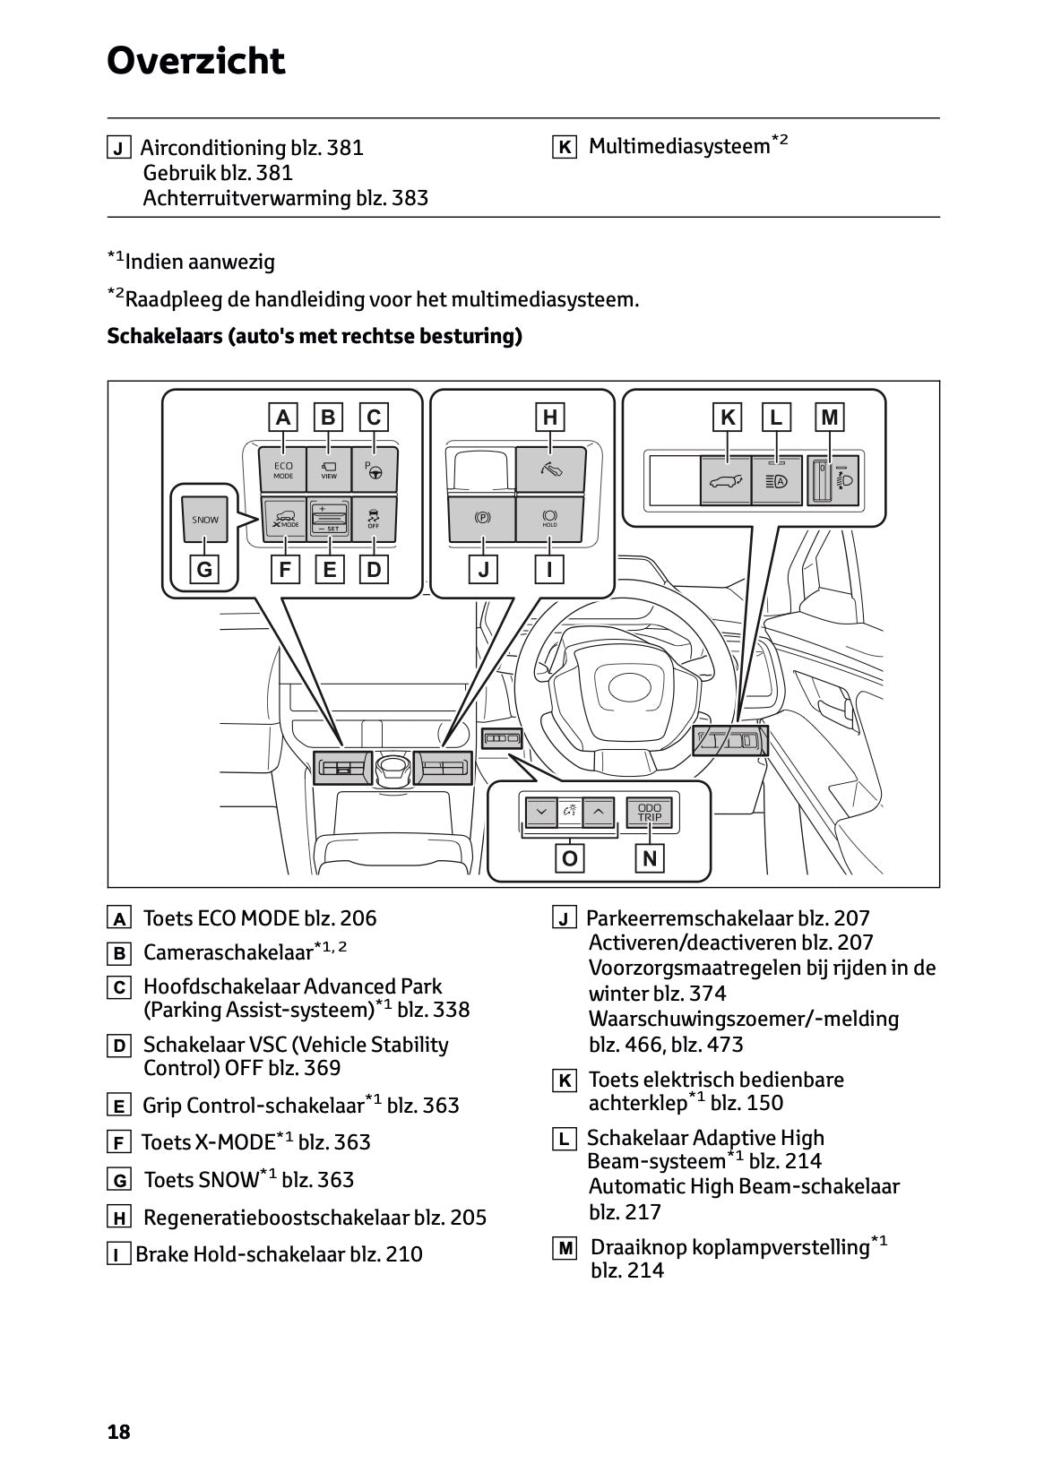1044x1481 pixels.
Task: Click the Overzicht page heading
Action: pos(195,61)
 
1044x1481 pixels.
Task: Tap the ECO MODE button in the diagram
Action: pos(283,469)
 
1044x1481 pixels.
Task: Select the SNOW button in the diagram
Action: pos(205,520)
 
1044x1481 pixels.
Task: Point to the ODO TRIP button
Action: pos(649,813)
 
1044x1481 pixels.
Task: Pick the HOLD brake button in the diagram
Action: pos(549,520)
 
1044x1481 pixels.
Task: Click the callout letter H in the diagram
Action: pos(549,417)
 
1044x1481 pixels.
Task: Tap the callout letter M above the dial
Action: pos(830,417)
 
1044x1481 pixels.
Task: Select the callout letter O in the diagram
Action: pos(569,859)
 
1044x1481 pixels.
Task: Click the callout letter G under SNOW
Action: pos(205,570)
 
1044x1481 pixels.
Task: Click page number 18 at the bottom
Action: pos(118,1432)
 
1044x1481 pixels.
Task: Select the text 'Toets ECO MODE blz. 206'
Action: pos(260,918)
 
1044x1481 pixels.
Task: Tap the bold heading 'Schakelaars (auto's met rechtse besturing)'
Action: pos(315,336)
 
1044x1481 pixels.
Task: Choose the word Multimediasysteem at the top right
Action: pos(678,147)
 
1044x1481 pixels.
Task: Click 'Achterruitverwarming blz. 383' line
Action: pos(285,198)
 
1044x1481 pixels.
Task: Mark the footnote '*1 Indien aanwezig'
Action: pos(192,262)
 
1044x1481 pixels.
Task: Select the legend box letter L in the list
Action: pos(565,1140)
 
